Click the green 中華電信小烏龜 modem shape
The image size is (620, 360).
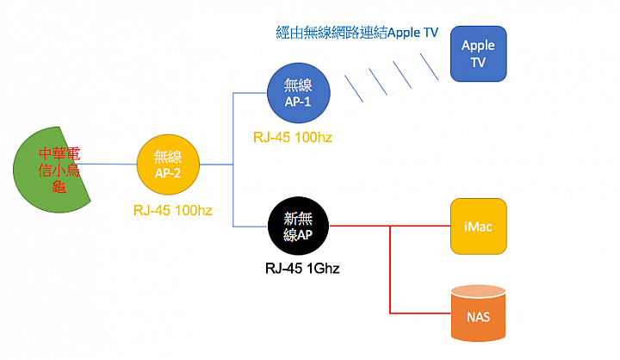click(x=52, y=169)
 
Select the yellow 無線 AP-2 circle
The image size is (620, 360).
click(x=169, y=164)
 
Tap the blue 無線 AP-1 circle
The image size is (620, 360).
click(x=297, y=92)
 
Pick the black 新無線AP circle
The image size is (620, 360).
click(x=298, y=227)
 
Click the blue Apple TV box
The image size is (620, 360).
click(x=478, y=53)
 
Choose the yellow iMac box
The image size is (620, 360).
click(x=478, y=227)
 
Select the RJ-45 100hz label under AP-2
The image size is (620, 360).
click(x=172, y=209)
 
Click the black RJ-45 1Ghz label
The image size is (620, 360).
click(x=303, y=270)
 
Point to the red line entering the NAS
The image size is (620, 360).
click(x=422, y=312)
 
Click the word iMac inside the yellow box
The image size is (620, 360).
click(x=478, y=227)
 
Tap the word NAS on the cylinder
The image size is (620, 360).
click(x=478, y=316)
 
